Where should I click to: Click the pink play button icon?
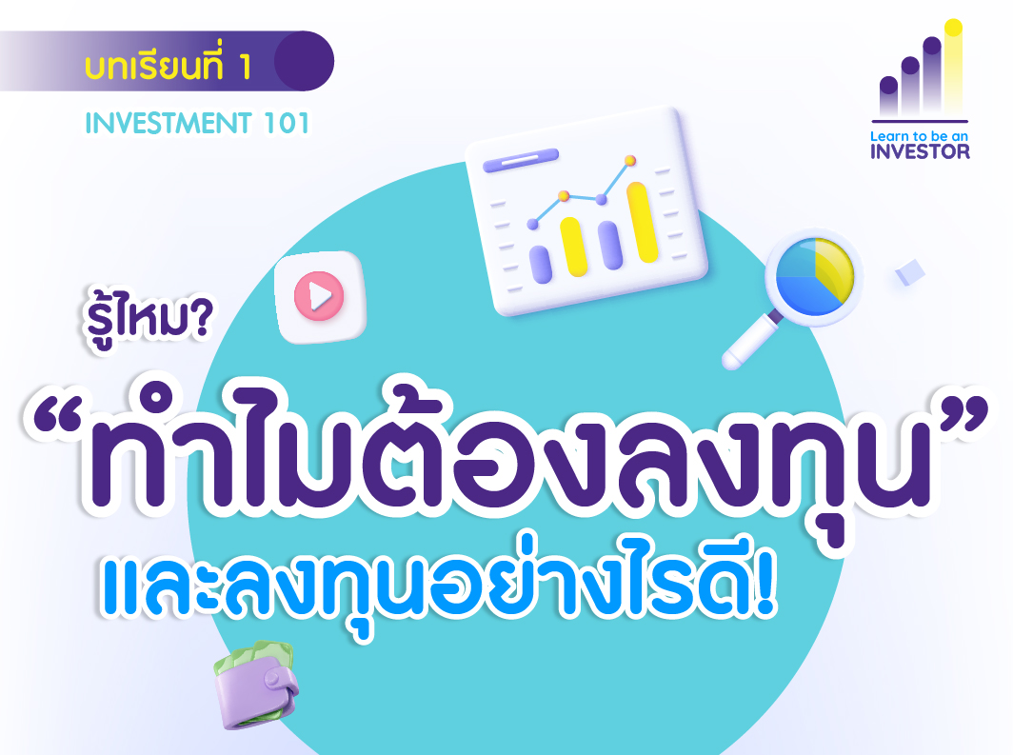pos(319,296)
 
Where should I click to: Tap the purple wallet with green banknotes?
pos(256,685)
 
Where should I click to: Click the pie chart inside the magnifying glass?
pos(815,276)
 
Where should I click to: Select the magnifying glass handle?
pos(749,339)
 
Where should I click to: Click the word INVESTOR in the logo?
pos(920,151)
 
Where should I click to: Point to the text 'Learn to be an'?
pos(919,135)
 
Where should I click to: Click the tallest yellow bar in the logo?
pos(953,68)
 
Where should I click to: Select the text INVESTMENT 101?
pos(198,124)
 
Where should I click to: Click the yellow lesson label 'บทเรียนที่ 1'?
pos(168,66)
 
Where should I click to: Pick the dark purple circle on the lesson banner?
pos(305,61)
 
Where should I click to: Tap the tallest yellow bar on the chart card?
pos(642,222)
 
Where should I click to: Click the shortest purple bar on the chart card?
pos(541,264)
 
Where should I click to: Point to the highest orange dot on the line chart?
pos(630,160)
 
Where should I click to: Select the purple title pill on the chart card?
pos(521,160)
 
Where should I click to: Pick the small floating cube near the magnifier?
pos(909,272)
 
